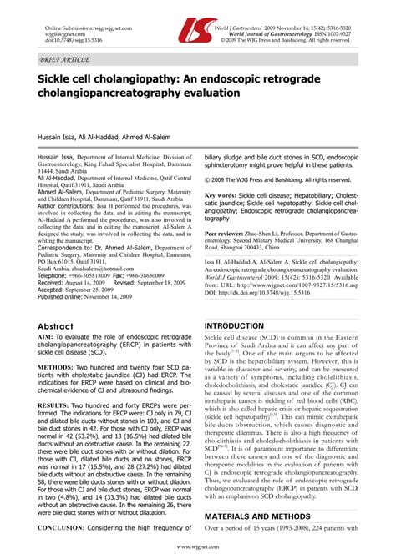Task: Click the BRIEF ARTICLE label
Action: coord(60,61)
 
